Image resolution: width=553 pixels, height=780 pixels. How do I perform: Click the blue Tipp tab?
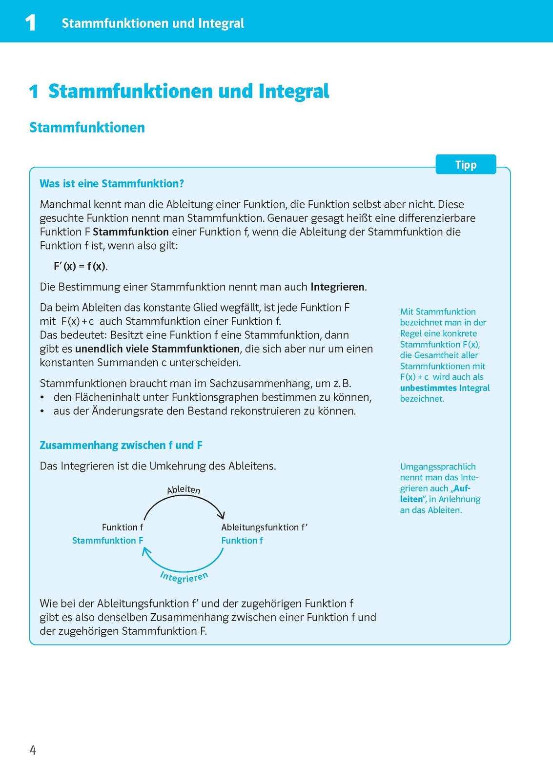(466, 165)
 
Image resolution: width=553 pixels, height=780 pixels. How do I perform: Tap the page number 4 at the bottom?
(33, 750)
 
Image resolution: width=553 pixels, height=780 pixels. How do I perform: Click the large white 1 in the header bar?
(30, 22)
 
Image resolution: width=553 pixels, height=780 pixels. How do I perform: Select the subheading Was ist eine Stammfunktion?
(112, 184)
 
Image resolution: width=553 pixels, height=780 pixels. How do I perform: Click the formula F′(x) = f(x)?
(81, 266)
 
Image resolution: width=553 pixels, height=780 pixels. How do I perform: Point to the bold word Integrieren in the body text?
(338, 287)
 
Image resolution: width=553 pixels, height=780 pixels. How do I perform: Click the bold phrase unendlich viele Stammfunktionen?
(157, 349)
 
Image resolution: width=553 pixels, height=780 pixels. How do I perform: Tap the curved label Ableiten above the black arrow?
(184, 489)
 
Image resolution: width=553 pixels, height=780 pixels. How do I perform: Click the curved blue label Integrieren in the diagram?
(184, 577)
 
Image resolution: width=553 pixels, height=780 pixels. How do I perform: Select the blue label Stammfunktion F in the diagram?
(107, 540)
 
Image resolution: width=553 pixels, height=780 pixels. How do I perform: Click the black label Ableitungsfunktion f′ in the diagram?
(264, 527)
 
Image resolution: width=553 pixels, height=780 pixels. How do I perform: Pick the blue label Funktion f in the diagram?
(242, 540)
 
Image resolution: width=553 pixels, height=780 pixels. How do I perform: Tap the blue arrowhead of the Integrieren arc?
(145, 550)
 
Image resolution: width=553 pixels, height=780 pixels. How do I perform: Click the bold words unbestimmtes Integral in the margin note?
(445, 388)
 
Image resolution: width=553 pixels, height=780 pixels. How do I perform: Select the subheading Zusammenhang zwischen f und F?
(121, 445)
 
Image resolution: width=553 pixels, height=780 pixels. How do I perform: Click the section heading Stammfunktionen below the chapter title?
(87, 128)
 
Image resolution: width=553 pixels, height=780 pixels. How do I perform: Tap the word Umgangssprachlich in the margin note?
(437, 467)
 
